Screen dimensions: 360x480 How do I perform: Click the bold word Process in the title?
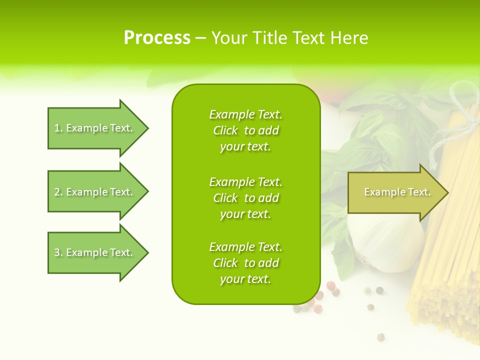click(x=157, y=38)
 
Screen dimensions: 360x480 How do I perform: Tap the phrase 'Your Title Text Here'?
click(x=289, y=38)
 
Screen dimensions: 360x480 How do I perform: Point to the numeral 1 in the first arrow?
click(x=57, y=128)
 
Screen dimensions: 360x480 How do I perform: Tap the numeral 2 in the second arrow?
click(x=57, y=192)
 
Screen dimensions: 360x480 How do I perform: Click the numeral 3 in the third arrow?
click(x=57, y=252)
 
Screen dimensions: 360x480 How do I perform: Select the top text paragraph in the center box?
click(x=245, y=130)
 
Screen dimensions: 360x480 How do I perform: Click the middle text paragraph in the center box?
click(x=245, y=198)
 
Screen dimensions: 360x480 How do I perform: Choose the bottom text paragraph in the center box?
click(x=245, y=263)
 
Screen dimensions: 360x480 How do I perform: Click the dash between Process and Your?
click(x=200, y=38)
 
